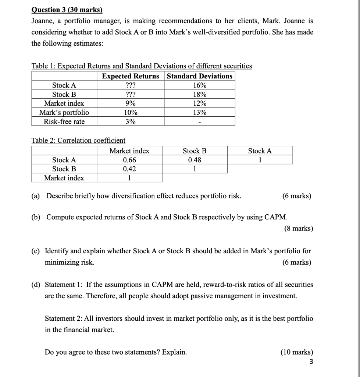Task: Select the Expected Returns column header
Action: [x=131, y=76]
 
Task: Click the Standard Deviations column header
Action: [x=200, y=76]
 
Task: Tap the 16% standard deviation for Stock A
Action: [x=200, y=85]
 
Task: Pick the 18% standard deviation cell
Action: [x=200, y=94]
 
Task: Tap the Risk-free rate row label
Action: [x=64, y=121]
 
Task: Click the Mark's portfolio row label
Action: [x=64, y=112]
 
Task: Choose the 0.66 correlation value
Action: [x=129, y=160]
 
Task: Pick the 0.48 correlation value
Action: [x=195, y=160]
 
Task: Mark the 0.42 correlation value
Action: [x=129, y=169]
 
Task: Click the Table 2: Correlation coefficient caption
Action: [x=78, y=140]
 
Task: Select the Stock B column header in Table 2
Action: [x=195, y=151]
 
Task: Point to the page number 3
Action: [x=311, y=362]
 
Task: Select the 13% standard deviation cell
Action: [x=200, y=112]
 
